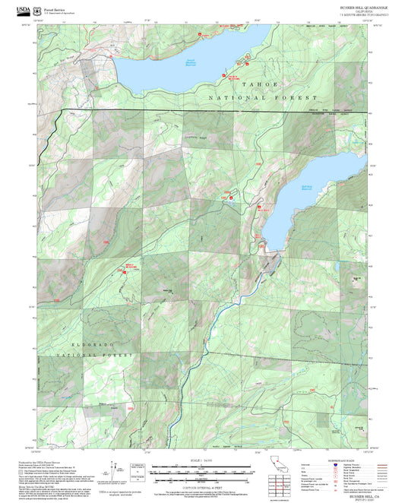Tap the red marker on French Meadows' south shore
click(224, 75)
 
